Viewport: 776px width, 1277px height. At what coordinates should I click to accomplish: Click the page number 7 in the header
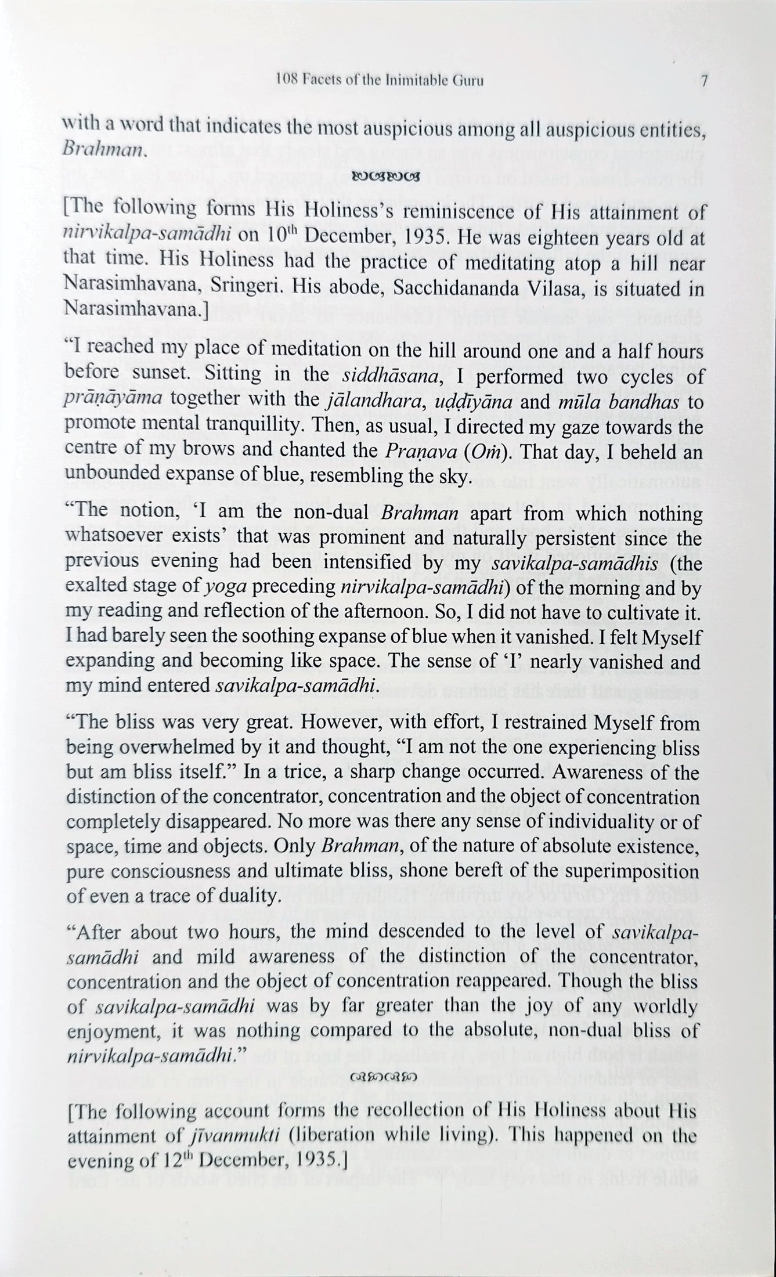coord(702,80)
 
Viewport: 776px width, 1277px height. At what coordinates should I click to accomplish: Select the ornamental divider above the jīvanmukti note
coord(384,1077)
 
